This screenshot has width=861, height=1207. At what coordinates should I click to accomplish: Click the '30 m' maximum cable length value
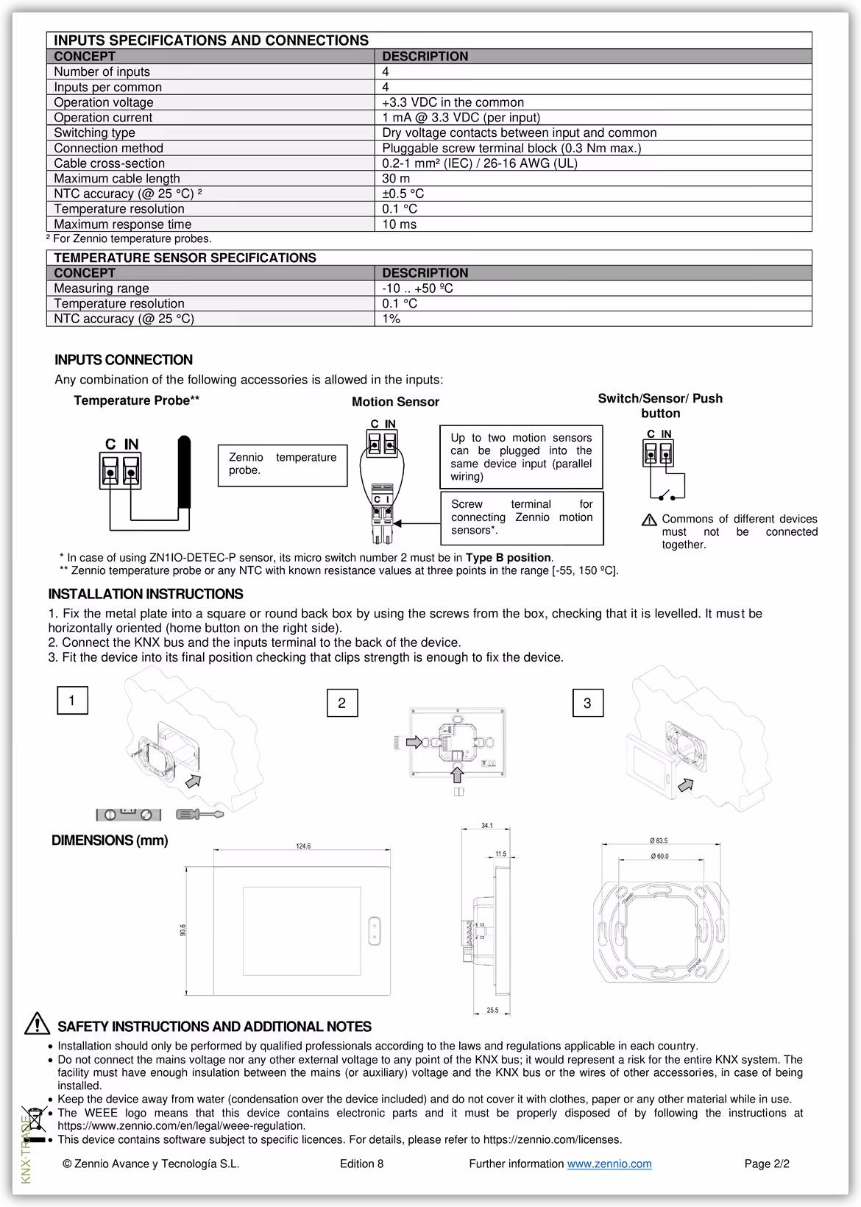point(396,179)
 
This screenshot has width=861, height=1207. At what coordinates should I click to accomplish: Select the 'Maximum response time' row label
point(122,224)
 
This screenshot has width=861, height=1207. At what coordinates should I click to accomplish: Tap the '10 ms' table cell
point(399,224)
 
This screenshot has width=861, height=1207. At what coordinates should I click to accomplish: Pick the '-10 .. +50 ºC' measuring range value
point(417,289)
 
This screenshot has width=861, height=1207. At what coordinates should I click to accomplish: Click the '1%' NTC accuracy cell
point(391,319)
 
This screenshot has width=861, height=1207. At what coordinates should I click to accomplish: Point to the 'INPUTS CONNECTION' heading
point(124,360)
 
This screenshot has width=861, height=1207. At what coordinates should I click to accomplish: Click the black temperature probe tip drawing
point(185,471)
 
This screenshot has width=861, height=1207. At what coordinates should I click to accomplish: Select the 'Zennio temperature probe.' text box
point(282,464)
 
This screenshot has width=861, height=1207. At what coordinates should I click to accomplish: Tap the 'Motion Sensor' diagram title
point(395,402)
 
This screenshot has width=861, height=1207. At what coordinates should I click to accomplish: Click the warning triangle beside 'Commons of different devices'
point(649,520)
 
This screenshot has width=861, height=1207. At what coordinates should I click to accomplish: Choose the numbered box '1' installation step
point(72,701)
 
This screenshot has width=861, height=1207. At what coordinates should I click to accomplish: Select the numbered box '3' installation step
point(587,703)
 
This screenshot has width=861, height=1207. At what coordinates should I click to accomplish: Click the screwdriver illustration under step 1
point(199,814)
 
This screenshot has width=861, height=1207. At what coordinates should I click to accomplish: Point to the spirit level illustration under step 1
point(128,815)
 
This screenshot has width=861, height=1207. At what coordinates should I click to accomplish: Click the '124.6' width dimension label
point(303,846)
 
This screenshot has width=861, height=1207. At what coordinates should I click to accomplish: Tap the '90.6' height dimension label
point(183,930)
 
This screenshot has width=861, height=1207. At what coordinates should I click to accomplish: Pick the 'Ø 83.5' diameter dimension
point(659,840)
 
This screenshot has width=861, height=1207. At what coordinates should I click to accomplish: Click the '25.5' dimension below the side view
point(492,1010)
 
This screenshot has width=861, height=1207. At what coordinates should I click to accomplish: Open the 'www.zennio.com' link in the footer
point(609,1164)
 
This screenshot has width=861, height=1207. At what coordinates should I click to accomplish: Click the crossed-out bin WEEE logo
point(34,1122)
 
